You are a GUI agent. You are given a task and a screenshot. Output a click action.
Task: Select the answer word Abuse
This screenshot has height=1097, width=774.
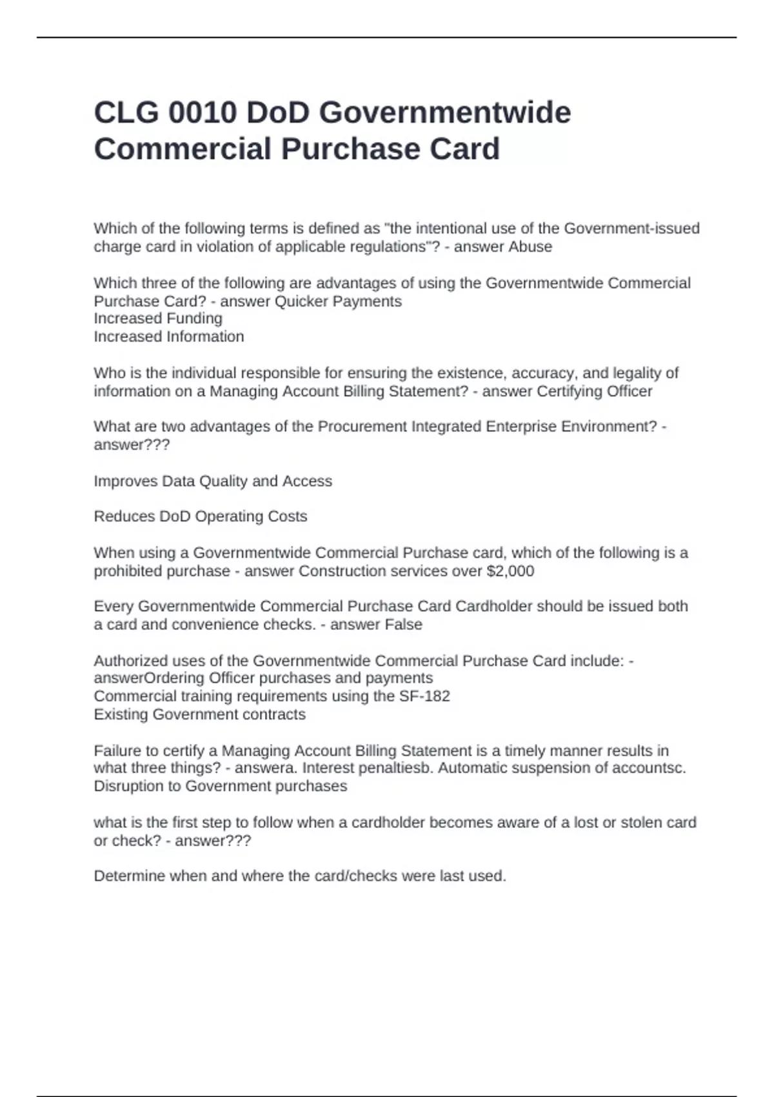(530, 247)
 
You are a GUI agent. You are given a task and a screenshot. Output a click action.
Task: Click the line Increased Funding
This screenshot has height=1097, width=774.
(158, 318)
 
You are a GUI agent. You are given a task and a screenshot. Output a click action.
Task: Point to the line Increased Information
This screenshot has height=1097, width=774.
(169, 336)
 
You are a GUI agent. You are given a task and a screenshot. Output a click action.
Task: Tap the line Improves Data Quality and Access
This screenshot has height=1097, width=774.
(213, 481)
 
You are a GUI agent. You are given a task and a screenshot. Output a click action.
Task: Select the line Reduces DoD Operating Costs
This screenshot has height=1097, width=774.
(200, 516)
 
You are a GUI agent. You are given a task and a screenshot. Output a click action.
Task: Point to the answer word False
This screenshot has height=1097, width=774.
(403, 624)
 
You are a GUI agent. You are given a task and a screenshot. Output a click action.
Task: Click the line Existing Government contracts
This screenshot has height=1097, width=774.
(199, 714)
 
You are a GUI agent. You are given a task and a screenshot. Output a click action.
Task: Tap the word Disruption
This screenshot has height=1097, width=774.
(137, 786)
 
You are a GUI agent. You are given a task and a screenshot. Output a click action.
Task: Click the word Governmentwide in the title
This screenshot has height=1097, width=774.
(445, 113)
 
